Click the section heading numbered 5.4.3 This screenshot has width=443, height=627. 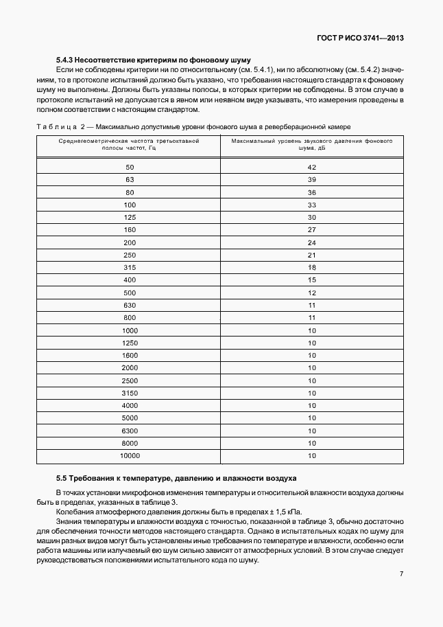click(x=153, y=60)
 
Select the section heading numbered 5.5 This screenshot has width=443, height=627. click(x=176, y=477)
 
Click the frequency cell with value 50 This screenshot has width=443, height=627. click(x=130, y=168)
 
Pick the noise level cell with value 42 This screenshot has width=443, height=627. click(x=311, y=168)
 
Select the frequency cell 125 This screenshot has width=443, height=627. click(x=130, y=218)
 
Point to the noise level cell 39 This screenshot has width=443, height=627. click(x=311, y=180)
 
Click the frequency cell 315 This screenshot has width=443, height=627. click(x=130, y=268)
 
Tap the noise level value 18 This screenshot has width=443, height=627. click(x=311, y=268)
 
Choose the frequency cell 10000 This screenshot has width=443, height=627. click(x=130, y=455)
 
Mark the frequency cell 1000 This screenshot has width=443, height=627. click(x=130, y=330)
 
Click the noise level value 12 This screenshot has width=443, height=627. click(x=311, y=293)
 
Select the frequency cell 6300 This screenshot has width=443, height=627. click(x=130, y=431)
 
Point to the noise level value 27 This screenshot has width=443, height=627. click(x=311, y=230)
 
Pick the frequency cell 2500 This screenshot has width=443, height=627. click(x=130, y=380)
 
